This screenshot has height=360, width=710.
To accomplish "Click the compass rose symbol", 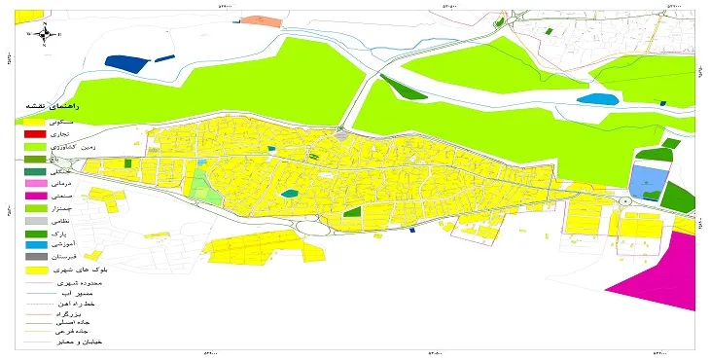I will pos(45,32).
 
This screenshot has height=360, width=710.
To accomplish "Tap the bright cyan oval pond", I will pos(596,98).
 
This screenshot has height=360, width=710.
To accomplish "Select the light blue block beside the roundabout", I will pos(644,180).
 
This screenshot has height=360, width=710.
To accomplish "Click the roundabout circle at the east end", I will pos(622,201).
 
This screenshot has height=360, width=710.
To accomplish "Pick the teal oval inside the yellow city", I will pos(289,194).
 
